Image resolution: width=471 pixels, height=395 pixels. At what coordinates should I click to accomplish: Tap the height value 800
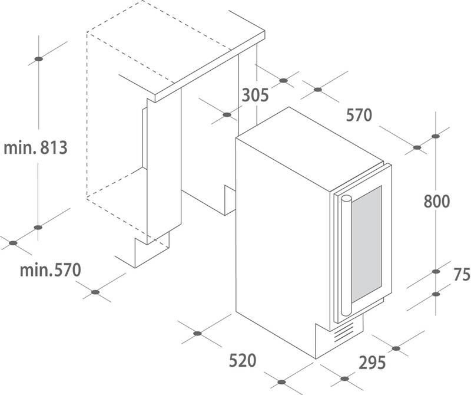pos(437,202)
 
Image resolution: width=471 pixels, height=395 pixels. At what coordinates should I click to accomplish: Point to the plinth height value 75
pos(462,274)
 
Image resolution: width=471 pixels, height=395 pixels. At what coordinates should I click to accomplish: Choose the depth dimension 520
pos(241,360)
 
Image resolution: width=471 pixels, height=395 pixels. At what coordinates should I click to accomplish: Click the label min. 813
pos(35,147)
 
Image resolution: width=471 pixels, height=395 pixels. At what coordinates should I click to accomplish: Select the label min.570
pos(49,271)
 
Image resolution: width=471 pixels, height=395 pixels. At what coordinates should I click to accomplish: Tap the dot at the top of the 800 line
pos(436,136)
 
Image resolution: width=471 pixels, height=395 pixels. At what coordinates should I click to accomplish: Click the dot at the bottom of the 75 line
pos(436,294)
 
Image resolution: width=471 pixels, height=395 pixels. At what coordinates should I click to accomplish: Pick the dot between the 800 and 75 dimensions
pos(436,272)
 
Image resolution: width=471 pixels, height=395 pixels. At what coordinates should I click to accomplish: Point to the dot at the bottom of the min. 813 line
pos(38,227)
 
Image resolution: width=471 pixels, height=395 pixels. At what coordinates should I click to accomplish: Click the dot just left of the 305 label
pos(227,115)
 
